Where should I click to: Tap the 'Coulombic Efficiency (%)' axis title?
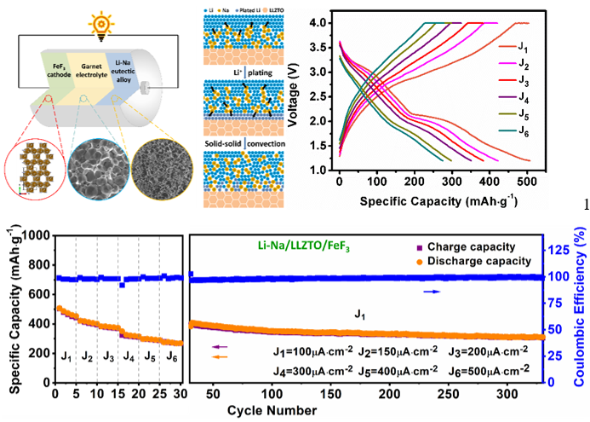point(579,309)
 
